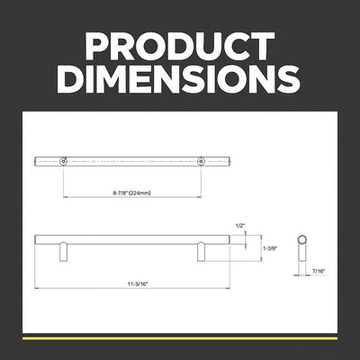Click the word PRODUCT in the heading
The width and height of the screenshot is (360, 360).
180,46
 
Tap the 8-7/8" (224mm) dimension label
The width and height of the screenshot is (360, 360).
131,193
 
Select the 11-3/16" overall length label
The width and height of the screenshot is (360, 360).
138,283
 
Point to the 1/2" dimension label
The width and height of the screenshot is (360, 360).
240,226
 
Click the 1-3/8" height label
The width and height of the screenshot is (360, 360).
270,248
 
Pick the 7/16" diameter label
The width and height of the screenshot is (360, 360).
319,271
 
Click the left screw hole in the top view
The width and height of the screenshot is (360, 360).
63,161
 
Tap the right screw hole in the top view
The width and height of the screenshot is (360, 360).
201,161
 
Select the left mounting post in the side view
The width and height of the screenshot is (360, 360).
63,253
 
